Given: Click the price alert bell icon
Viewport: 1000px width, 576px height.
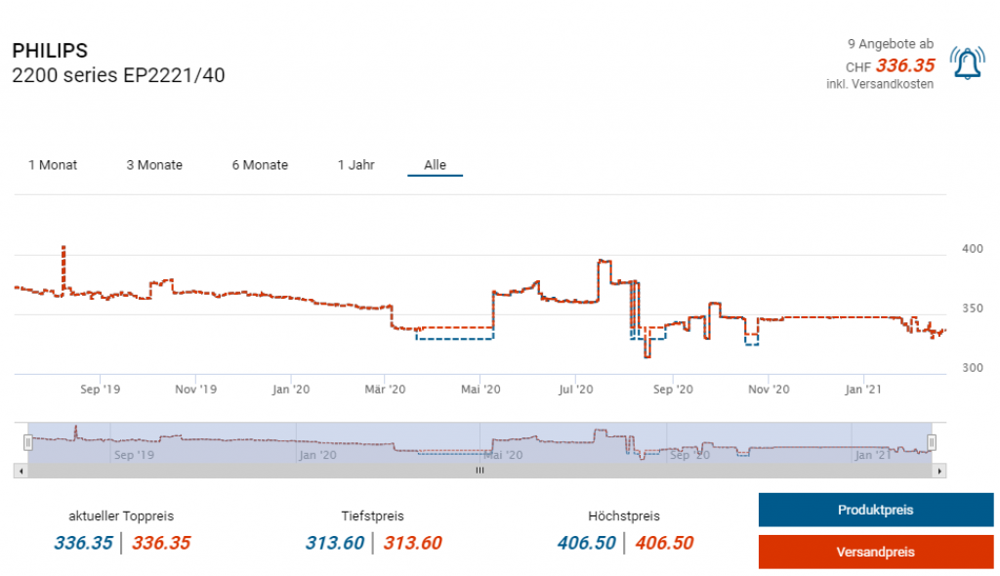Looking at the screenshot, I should pyautogui.click(x=967, y=63).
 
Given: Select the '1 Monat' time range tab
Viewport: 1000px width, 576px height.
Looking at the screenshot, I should pyautogui.click(x=53, y=165).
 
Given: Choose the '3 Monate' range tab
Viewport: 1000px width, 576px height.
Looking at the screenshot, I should pyautogui.click(x=154, y=165).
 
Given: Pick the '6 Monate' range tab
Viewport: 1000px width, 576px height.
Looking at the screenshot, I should pyautogui.click(x=260, y=165).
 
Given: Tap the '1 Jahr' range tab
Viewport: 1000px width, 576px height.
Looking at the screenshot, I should pyautogui.click(x=356, y=165).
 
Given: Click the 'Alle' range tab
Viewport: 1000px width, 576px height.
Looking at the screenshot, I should pyautogui.click(x=435, y=165).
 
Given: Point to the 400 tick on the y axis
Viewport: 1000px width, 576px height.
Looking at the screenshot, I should pyautogui.click(x=973, y=249).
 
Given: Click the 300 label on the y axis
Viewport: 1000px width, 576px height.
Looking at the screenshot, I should pyautogui.click(x=973, y=368).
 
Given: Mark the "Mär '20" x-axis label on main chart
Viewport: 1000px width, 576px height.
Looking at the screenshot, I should pyautogui.click(x=385, y=390).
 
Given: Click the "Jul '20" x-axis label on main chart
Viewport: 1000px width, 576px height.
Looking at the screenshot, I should pyautogui.click(x=576, y=390).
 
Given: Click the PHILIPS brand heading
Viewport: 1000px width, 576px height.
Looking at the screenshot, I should pyautogui.click(x=50, y=51).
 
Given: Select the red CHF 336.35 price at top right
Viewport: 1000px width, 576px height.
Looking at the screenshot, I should pyautogui.click(x=905, y=65).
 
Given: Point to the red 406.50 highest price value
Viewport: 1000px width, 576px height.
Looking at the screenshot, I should pyautogui.click(x=664, y=543).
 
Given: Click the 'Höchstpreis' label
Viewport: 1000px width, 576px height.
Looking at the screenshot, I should pyautogui.click(x=623, y=515).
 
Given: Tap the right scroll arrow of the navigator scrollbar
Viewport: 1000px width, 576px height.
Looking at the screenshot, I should pyautogui.click(x=939, y=471).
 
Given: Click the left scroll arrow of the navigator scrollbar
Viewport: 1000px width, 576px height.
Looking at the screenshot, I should pyautogui.click(x=21, y=471).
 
